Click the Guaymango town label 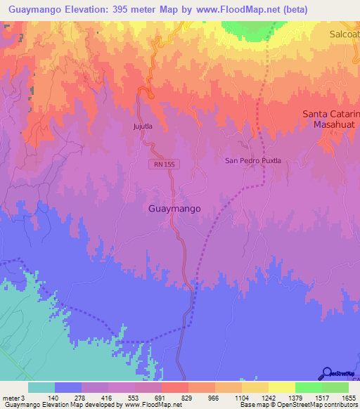(x=175, y=209)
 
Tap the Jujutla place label (x=143, y=126)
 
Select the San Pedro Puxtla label (x=252, y=160)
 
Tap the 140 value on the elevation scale (x=68, y=398)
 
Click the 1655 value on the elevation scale (x=339, y=398)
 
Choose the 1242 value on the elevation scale (x=259, y=398)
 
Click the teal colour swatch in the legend (x=41, y=387)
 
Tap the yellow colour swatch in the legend (x=281, y=387)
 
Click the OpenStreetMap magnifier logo (x=326, y=372)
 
